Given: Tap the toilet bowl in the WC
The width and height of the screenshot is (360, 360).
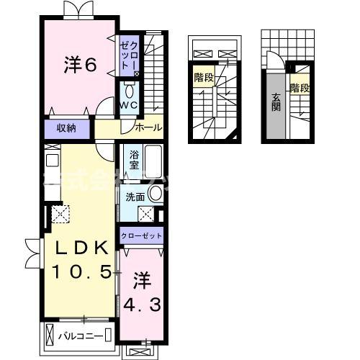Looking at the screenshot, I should coord(128,91).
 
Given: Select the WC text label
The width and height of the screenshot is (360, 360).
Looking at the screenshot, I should coord(128,105).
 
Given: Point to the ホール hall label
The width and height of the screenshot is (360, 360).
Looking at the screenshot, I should coord(149,128).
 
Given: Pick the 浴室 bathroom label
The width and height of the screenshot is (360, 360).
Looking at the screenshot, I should coord(135,160).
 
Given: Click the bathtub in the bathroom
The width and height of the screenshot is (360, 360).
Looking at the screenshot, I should coord(154,158).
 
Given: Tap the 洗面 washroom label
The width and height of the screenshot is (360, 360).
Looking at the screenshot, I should coord(135,197).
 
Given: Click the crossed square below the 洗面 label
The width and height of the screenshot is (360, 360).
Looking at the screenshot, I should coord(146,213).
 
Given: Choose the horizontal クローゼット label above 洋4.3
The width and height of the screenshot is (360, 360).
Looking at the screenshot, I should coord(142,236).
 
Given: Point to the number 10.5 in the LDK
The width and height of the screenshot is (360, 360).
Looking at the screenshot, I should coord(81,272).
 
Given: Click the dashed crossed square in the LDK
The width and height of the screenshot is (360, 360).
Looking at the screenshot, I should coord(58,212).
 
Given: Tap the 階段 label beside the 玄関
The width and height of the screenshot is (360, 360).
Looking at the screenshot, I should coord(300,89).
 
